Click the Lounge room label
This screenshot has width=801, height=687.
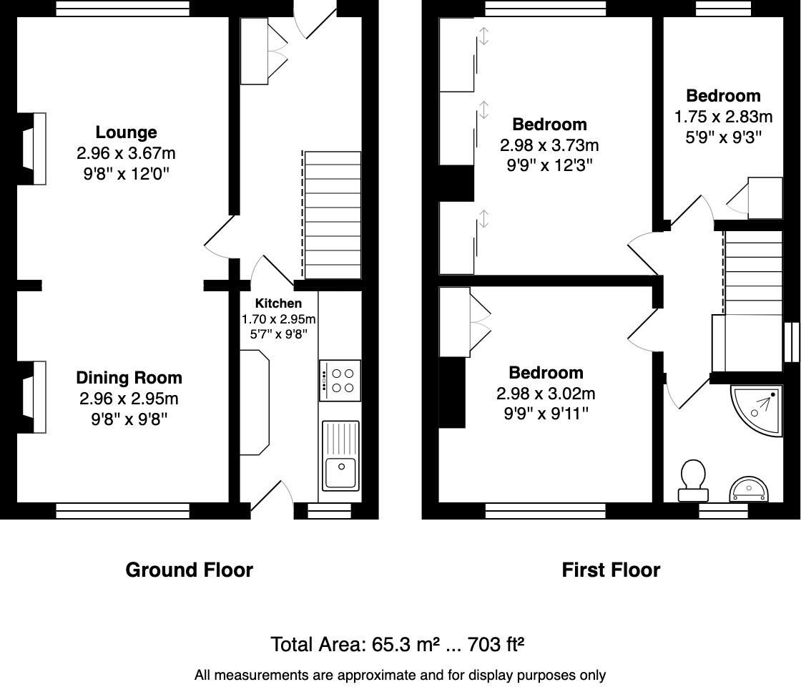[x=126, y=132]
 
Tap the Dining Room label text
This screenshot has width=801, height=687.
[x=129, y=378]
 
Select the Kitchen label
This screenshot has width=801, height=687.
[x=278, y=303]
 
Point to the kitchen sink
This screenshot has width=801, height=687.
[x=340, y=455]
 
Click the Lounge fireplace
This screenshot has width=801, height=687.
[x=34, y=149]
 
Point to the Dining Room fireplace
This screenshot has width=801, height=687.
[x=34, y=397]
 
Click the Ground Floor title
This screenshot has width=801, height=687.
[x=189, y=570]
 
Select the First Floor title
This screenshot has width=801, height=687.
[x=611, y=570]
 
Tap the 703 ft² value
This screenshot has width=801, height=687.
[x=496, y=645]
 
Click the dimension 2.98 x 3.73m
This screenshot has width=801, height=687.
[x=549, y=145]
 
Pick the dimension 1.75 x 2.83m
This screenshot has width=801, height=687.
[x=723, y=117]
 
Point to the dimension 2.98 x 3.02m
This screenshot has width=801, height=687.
[x=546, y=394]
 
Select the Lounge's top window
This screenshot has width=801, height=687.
[x=122, y=8]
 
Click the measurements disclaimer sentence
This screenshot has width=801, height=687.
[x=400, y=675]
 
